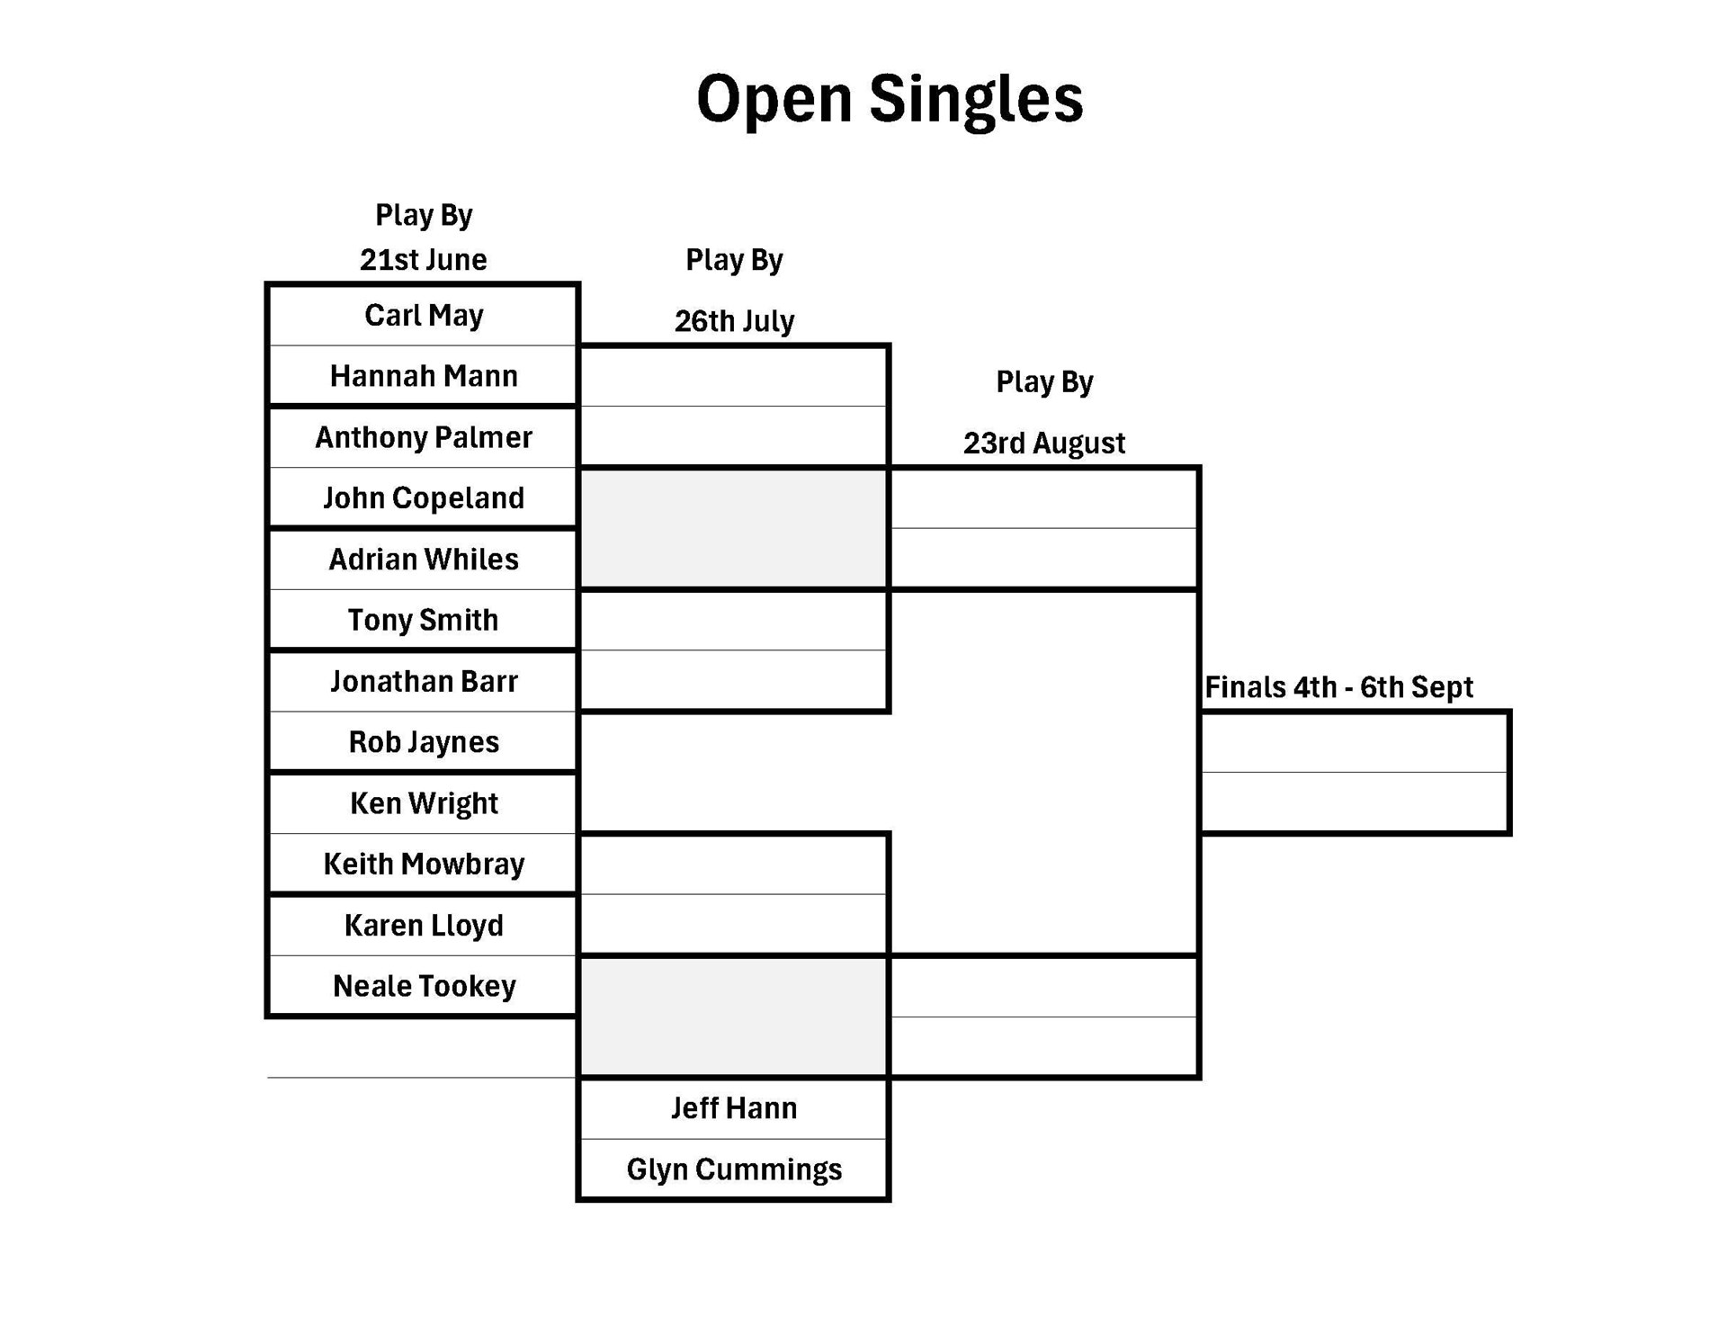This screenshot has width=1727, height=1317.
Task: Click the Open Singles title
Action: coord(889,98)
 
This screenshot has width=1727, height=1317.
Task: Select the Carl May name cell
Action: coord(423,316)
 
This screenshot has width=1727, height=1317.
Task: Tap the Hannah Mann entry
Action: coord(423,376)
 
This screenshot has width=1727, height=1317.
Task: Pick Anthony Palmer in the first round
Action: coord(423,437)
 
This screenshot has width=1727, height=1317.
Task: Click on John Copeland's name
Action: coord(423,498)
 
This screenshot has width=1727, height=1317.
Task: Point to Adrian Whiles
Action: coord(423,560)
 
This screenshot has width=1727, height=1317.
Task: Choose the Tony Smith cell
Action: coord(423,620)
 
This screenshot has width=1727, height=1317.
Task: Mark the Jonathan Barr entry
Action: coord(423,681)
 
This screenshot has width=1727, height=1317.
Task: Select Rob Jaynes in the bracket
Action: coord(423,742)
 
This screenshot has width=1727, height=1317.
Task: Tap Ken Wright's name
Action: coord(423,803)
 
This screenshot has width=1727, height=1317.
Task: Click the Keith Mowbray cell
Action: coord(423,864)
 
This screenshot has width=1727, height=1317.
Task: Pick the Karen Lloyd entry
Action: coord(423,925)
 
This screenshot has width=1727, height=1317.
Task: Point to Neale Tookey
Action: coord(423,986)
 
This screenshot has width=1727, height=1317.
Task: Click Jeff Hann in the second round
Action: coord(733,1108)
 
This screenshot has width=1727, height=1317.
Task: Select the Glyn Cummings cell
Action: coord(733,1169)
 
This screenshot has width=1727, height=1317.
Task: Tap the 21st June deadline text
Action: coord(423,260)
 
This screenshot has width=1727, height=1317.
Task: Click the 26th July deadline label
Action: coord(733,321)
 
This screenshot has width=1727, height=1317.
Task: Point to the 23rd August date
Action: coord(1043,443)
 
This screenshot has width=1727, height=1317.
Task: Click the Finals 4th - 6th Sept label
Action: coord(1338,687)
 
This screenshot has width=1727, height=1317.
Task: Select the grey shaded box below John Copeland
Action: coord(733,529)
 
